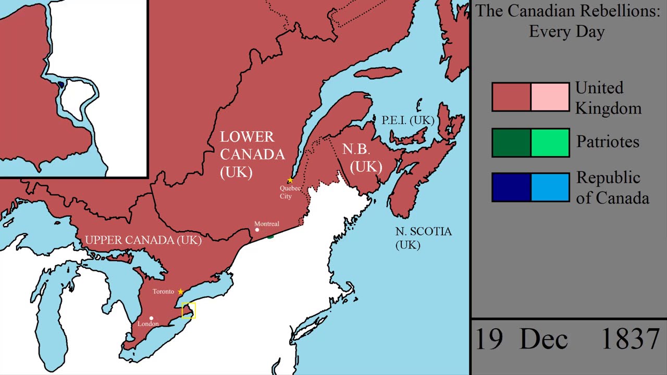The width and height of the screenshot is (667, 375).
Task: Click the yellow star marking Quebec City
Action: [290, 180]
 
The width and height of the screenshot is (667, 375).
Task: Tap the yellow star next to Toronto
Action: [181, 292]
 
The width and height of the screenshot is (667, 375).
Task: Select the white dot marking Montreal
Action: [257, 230]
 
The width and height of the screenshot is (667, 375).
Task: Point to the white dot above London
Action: [152, 318]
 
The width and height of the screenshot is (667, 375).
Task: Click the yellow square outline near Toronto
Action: [189, 310]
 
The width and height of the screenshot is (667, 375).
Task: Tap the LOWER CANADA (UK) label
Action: [252, 155]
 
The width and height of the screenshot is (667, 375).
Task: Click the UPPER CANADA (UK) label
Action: [143, 240]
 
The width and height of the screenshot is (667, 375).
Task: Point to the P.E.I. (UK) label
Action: [407, 120]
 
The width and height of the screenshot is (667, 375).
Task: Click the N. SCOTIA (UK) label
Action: [423, 238]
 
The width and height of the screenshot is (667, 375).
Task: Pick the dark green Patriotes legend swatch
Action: [511, 143]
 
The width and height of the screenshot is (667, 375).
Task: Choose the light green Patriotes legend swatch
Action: [550, 143]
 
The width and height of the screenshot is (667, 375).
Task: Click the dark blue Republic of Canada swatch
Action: [511, 187]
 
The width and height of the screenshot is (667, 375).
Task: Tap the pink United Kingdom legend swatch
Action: [550, 97]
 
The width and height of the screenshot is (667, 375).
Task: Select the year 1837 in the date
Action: [630, 339]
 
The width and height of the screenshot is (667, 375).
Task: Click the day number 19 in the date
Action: [489, 339]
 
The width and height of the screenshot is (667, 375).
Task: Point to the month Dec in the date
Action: [544, 339]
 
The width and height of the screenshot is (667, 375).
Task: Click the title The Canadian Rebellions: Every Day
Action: [567, 21]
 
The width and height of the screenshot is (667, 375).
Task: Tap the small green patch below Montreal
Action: [270, 237]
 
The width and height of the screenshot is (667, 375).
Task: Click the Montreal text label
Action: [267, 223]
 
